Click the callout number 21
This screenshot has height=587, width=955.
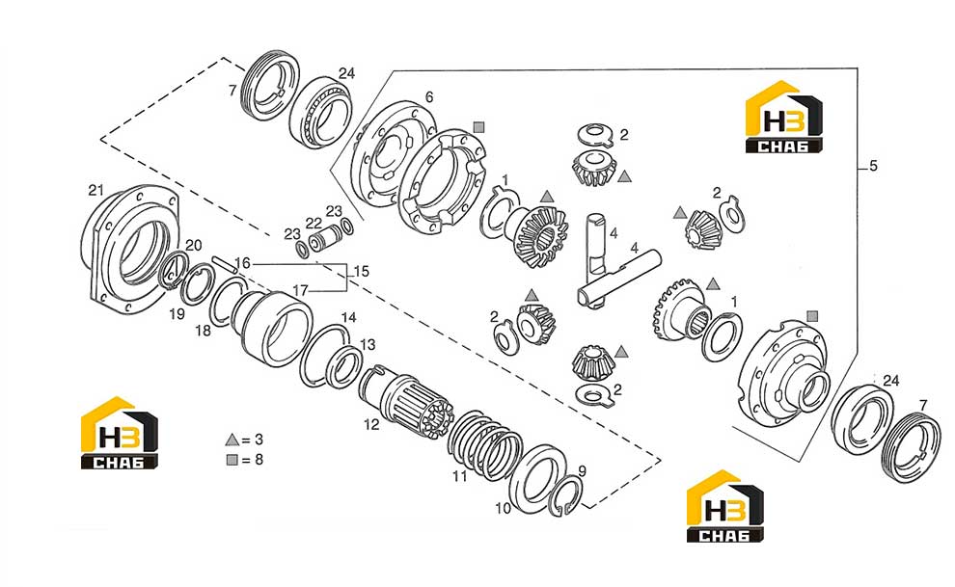[95, 191]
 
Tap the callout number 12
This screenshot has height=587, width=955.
[371, 424]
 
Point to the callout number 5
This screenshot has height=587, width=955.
[873, 166]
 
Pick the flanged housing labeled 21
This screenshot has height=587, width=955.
[130, 250]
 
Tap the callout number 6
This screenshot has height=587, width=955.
[429, 96]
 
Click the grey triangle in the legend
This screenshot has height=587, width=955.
[232, 440]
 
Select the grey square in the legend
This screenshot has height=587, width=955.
[232, 460]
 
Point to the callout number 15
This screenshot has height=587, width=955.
[361, 271]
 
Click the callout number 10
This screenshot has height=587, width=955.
[503, 509]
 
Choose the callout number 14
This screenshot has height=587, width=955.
[348, 317]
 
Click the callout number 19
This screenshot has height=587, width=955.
[177, 314]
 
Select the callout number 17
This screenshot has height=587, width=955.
[300, 291]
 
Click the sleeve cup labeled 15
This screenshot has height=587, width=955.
[272, 328]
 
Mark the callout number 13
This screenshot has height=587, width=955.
[368, 345]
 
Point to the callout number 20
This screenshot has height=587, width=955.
[194, 245]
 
